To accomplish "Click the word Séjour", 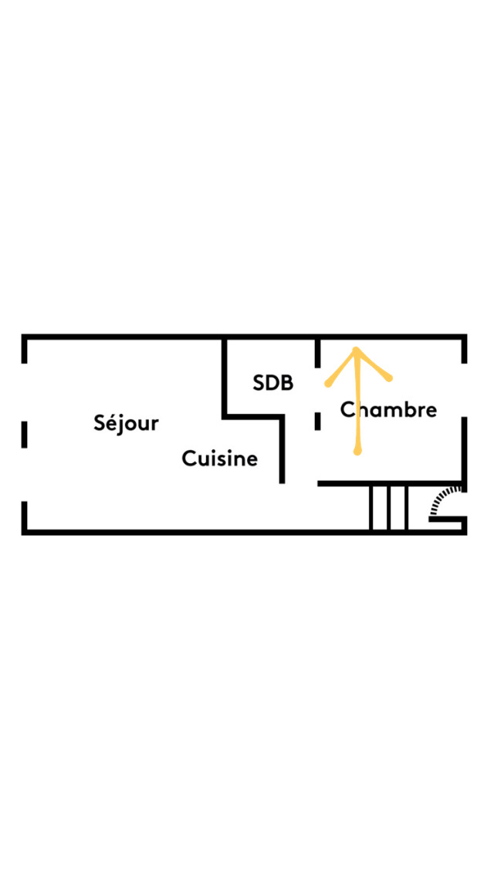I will pyautogui.click(x=126, y=423).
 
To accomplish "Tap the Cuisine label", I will pyautogui.click(x=219, y=459).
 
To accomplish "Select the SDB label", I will pyautogui.click(x=273, y=382).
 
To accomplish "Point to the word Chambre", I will pyautogui.click(x=389, y=409).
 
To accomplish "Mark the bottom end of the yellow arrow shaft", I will pyautogui.click(x=357, y=452).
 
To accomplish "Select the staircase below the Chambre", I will pyautogui.click(x=388, y=507).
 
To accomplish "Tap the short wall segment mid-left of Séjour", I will pyautogui.click(x=25, y=434).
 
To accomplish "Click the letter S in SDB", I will pyautogui.click(x=259, y=382).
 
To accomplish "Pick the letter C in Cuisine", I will pyautogui.click(x=188, y=459).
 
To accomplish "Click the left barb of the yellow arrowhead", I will pyautogui.click(x=328, y=383).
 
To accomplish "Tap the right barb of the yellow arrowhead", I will pyautogui.click(x=390, y=378).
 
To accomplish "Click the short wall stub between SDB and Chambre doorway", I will pyautogui.click(x=317, y=421).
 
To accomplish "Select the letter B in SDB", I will pyautogui.click(x=286, y=382).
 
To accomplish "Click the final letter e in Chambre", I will pyautogui.click(x=431, y=411).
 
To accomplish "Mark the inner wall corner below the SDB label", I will pyautogui.click(x=224, y=417).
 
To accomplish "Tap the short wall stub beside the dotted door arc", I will pyautogui.click(x=446, y=520).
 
